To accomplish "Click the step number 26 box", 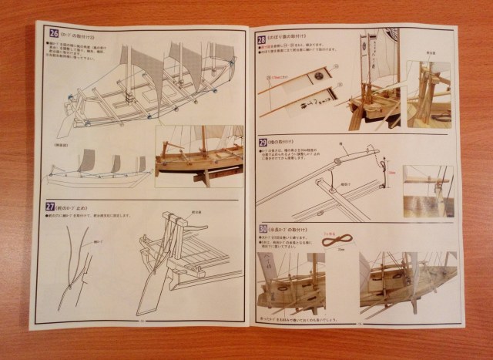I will click(53, 32).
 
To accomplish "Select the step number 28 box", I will click(261, 39).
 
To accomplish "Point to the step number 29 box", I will click(263, 143).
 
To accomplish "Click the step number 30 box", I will click(263, 230).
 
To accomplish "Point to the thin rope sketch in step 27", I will click(76, 262).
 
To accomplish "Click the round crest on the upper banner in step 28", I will click(319, 77).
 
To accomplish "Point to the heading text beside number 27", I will click(77, 206).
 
